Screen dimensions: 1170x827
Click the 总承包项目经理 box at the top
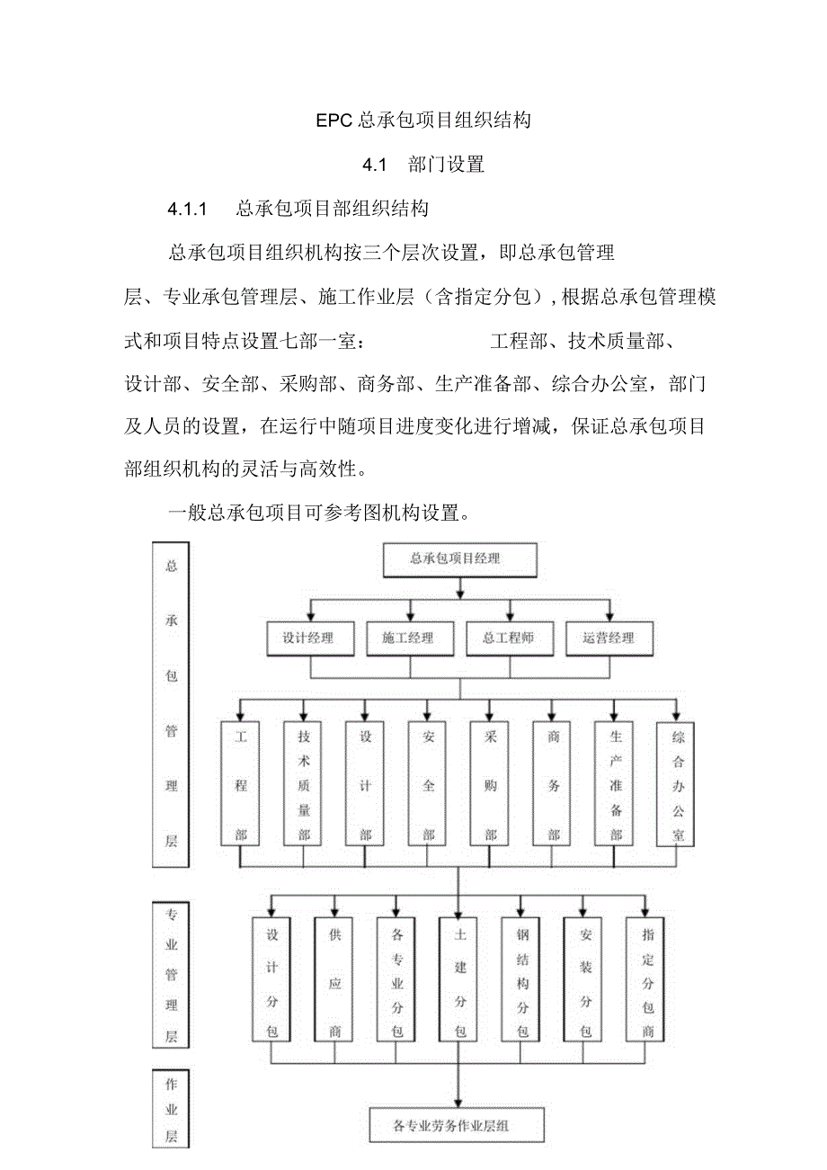pos(459,559)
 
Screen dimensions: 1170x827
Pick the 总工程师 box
pos(510,638)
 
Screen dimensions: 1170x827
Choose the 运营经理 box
pos(609,638)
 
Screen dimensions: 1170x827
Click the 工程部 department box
pos(240,782)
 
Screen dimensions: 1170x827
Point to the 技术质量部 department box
pos(303,782)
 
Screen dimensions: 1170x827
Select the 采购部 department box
pos(490,782)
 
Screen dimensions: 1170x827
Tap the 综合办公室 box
pos(678,782)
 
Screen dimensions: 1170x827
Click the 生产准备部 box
pos(615,782)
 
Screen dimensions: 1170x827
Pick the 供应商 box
pos(334,978)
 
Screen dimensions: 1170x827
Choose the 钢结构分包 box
pos(522,978)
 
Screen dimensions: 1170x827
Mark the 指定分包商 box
pos(647,978)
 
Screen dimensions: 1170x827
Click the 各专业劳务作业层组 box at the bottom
pos(458,1124)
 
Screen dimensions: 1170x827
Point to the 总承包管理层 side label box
pos(171,704)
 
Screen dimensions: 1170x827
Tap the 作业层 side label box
pos(171,1109)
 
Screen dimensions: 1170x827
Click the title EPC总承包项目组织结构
pos(423,120)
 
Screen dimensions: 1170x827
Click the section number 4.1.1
pos(188,210)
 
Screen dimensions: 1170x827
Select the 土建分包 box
pos(459,978)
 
